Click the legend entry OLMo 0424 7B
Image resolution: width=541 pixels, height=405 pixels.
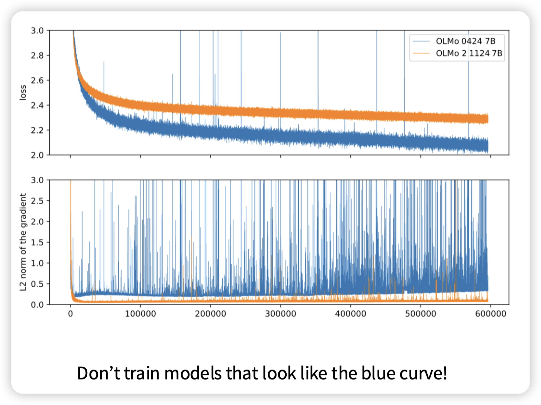click(465, 41)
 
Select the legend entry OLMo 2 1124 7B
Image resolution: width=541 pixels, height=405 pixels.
click(469, 53)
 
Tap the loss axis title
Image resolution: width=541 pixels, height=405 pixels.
click(23, 92)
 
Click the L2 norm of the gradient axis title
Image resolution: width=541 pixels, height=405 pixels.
click(23, 242)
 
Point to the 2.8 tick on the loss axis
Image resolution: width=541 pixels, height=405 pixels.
click(37, 55)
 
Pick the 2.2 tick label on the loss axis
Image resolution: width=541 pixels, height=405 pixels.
click(37, 130)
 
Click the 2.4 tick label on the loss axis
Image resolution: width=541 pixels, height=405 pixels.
click(37, 105)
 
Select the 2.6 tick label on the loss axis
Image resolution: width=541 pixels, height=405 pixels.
click(37, 80)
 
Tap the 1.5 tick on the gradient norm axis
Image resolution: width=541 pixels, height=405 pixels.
click(37, 242)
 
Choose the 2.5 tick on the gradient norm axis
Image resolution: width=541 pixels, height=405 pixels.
click(37, 201)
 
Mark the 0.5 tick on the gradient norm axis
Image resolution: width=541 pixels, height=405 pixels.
click(37, 284)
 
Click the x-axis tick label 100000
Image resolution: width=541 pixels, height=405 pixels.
click(140, 314)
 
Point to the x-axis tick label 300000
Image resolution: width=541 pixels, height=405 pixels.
click(281, 314)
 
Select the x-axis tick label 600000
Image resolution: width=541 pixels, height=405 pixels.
click(491, 314)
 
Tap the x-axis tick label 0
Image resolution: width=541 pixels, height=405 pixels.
click(70, 314)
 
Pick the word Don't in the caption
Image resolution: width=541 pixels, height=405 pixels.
click(98, 373)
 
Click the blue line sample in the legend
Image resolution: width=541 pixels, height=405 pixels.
click(421, 41)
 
